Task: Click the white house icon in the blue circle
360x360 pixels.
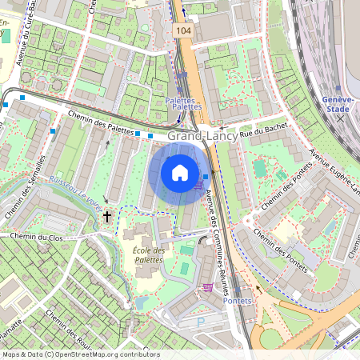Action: click(x=180, y=173)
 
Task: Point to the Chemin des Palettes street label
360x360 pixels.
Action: click(x=100, y=122)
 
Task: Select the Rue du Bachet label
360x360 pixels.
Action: click(x=264, y=129)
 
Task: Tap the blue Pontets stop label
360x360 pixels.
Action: click(x=238, y=300)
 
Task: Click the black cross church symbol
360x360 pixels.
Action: click(x=108, y=216)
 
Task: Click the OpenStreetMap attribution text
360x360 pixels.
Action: click(x=80, y=354)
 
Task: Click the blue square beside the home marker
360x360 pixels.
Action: click(x=206, y=176)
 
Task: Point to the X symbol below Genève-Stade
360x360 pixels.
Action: click(x=340, y=118)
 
